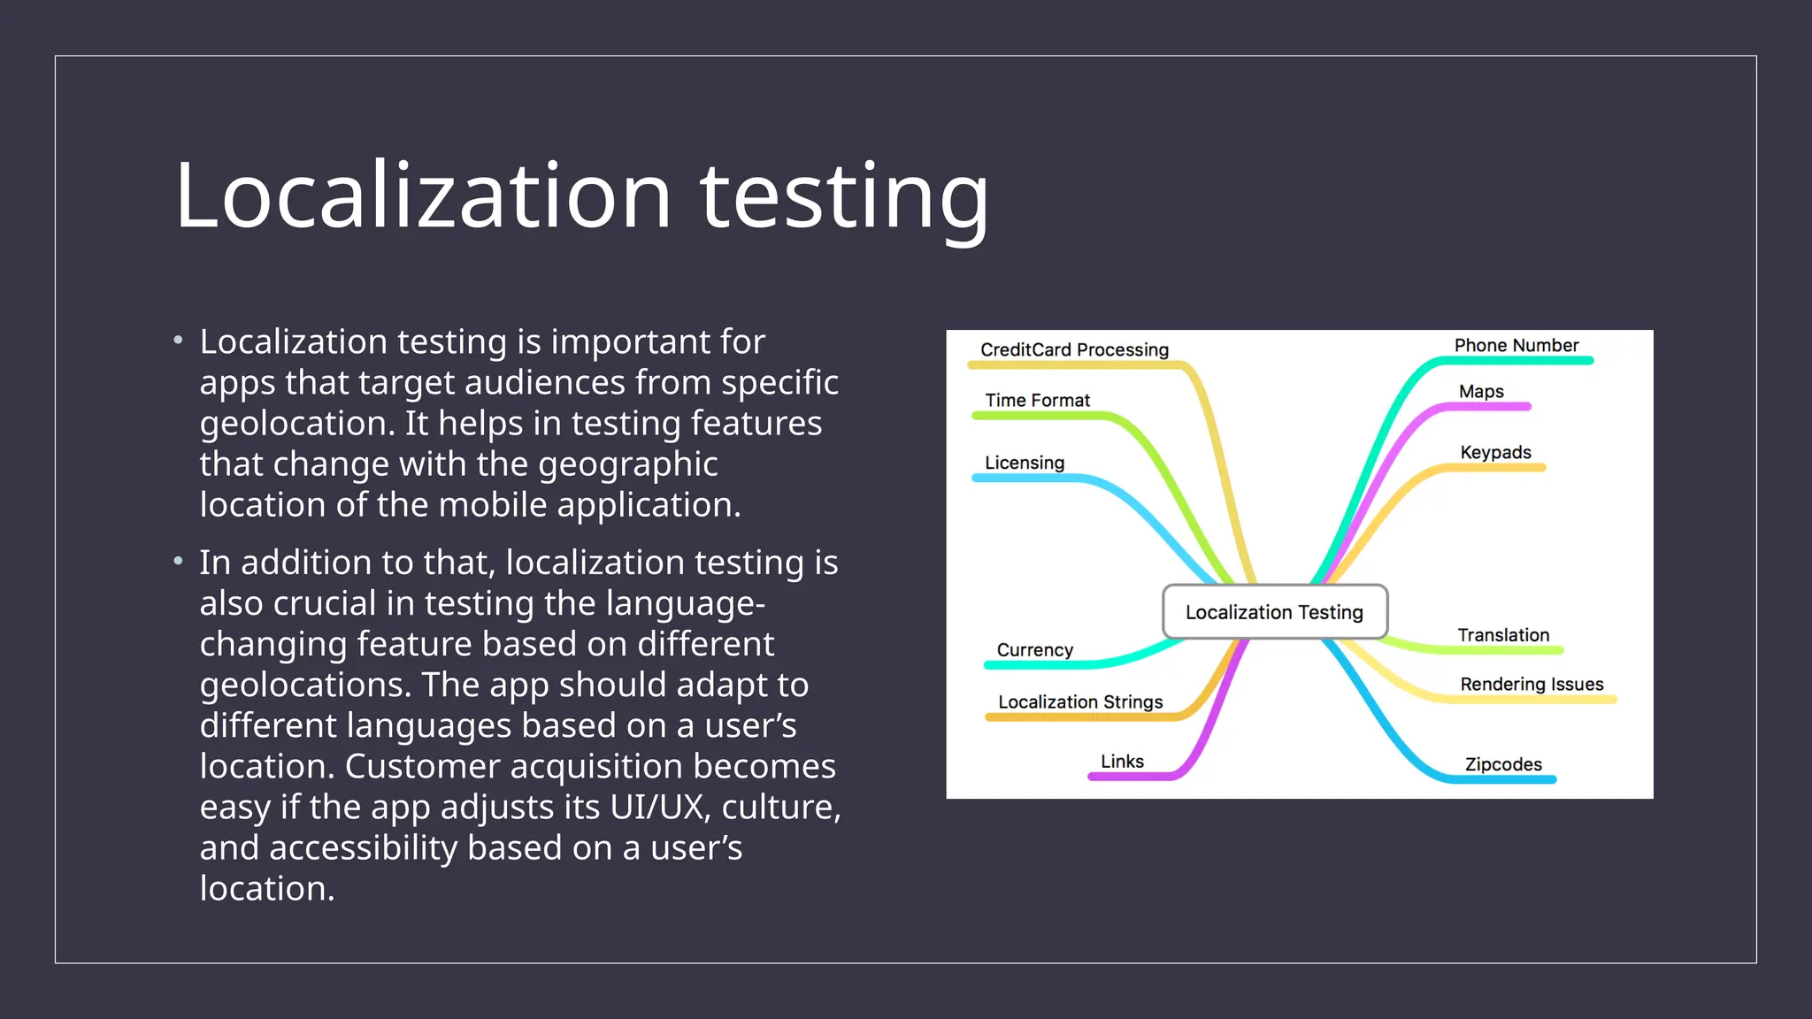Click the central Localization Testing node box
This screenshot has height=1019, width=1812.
tap(1274, 611)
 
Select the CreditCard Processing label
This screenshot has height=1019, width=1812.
tap(1074, 349)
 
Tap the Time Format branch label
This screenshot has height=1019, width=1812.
tap(1037, 400)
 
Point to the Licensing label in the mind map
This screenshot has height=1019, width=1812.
tap(1024, 463)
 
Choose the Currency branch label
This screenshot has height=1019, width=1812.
tap(1034, 649)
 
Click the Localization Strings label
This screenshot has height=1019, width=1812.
tap(1079, 701)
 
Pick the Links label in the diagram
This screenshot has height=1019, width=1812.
tap(1122, 761)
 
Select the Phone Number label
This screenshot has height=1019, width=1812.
tap(1516, 345)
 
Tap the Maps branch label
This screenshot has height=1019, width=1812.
tap(1481, 391)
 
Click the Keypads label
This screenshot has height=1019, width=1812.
tap(1495, 452)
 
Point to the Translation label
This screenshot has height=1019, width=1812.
tap(1503, 634)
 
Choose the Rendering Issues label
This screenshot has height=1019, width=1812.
tap(1532, 684)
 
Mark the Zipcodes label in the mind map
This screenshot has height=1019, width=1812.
tap(1503, 764)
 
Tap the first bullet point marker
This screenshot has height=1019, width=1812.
tap(179, 341)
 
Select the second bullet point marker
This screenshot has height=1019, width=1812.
tap(179, 561)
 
